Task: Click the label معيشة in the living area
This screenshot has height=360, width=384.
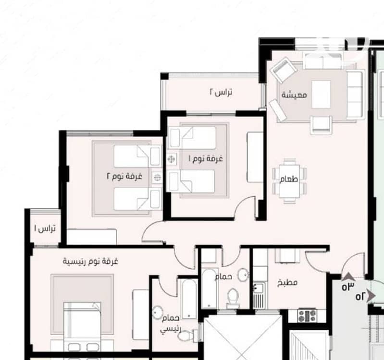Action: [294, 95]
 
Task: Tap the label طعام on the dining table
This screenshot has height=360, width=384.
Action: [289, 179]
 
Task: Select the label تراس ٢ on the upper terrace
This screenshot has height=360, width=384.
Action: [221, 92]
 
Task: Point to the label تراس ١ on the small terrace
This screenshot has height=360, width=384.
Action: [45, 228]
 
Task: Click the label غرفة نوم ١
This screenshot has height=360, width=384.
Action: [206, 158]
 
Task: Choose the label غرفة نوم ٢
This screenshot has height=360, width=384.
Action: [124, 176]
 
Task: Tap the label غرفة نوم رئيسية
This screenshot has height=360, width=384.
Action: [91, 261]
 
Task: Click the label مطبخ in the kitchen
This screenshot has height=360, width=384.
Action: [287, 282]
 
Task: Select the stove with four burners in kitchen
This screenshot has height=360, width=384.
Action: [308, 315]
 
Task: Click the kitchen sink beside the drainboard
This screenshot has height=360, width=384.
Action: [258, 288]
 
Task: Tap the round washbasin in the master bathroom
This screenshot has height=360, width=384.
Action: [158, 312]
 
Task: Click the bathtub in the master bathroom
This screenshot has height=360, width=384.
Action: [188, 299]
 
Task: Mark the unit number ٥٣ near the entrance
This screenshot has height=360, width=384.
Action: [348, 287]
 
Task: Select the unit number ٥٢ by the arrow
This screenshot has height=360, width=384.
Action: [360, 297]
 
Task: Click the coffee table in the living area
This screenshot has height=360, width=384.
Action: [321, 95]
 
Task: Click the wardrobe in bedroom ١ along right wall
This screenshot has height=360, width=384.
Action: [255, 157]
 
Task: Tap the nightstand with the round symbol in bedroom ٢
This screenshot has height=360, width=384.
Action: [157, 177]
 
